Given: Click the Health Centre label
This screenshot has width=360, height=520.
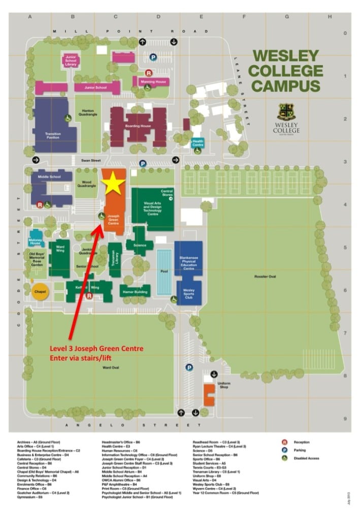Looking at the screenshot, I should (198, 142).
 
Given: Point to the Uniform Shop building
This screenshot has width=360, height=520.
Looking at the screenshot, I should (209, 395).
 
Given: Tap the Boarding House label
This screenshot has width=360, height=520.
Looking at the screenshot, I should (138, 126).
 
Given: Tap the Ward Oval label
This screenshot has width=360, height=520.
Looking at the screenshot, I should (110, 367).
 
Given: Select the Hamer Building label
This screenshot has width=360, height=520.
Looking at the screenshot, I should (135, 291).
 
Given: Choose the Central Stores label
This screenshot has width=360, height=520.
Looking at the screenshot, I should (167, 193).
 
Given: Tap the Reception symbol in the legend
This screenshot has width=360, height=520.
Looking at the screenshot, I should (285, 442).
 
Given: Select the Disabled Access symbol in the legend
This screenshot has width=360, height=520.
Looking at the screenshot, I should (285, 458).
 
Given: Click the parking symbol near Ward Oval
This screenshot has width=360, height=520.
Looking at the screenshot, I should (189, 368).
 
